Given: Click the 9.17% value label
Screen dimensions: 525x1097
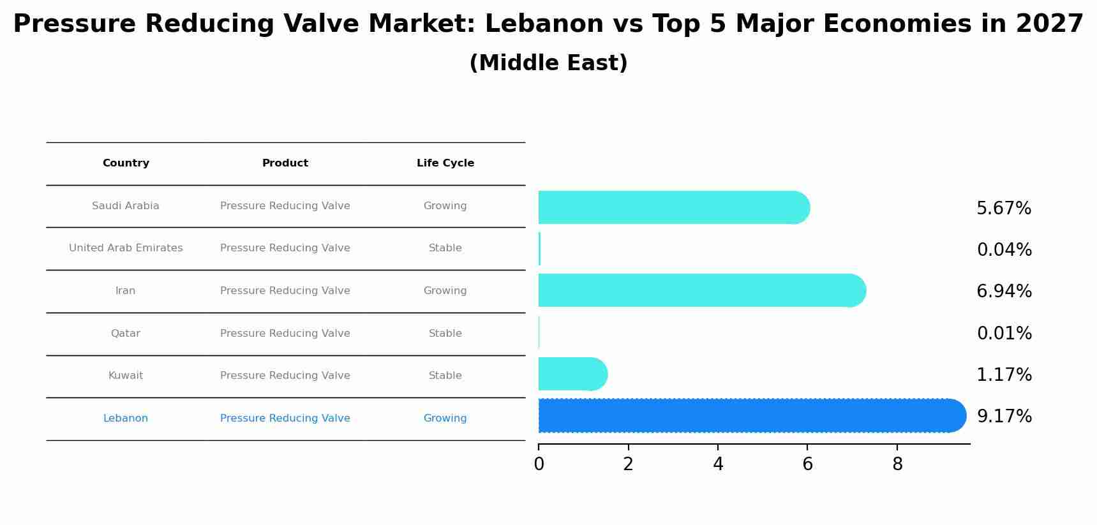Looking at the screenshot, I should pos(1004,417).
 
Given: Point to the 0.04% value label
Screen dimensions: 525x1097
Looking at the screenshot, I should pos(1004,250).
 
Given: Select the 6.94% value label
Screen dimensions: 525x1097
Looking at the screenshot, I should pos(1004,292).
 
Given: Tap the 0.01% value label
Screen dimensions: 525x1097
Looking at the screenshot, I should pos(1004,334).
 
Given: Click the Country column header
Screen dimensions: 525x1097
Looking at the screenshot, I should pos(126,163).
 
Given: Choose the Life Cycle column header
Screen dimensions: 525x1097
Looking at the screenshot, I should pos(445,163).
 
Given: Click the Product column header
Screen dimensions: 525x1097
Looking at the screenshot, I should pos(285,163).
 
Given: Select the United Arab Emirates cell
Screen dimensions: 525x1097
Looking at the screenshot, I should pos(126,248).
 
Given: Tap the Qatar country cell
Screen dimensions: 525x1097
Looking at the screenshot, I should pos(126,334).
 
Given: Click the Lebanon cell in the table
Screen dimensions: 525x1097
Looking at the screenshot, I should pos(126,418).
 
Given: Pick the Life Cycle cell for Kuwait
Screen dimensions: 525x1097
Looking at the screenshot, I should pos(445,376).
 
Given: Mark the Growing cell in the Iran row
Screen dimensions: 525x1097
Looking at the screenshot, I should pos(445,291).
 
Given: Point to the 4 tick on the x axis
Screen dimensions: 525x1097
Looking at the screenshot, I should pos(718,464).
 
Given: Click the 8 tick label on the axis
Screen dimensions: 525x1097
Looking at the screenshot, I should pos(897,464).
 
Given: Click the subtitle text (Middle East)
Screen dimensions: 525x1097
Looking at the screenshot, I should pos(548,63).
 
